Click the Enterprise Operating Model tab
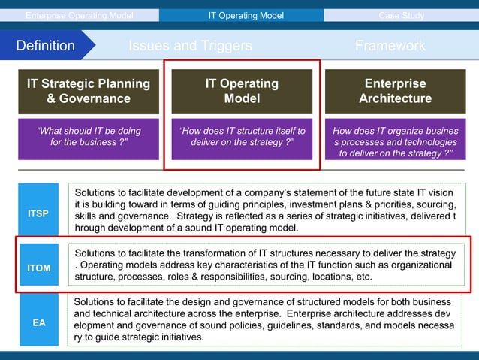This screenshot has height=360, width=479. coord(80,15)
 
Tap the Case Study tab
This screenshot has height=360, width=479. coord(401,15)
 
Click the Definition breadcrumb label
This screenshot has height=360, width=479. coord(46,46)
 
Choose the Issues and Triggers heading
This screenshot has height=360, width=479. coord(190,46)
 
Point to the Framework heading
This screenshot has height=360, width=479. coord(390,46)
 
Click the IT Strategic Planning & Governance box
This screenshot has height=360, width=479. coord(89,91)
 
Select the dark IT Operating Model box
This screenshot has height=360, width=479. coord(242,91)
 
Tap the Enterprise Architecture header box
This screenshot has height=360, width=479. coord(395,91)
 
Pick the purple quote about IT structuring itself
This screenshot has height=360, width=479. coord(242,136)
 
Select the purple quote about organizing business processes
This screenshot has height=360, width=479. coord(395,141)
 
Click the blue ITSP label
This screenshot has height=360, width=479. coord(39,213)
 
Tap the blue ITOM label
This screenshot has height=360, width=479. coord(39,268)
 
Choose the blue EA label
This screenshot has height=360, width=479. coord(39,322)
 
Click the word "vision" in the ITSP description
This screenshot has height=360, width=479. coord(439,192)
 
